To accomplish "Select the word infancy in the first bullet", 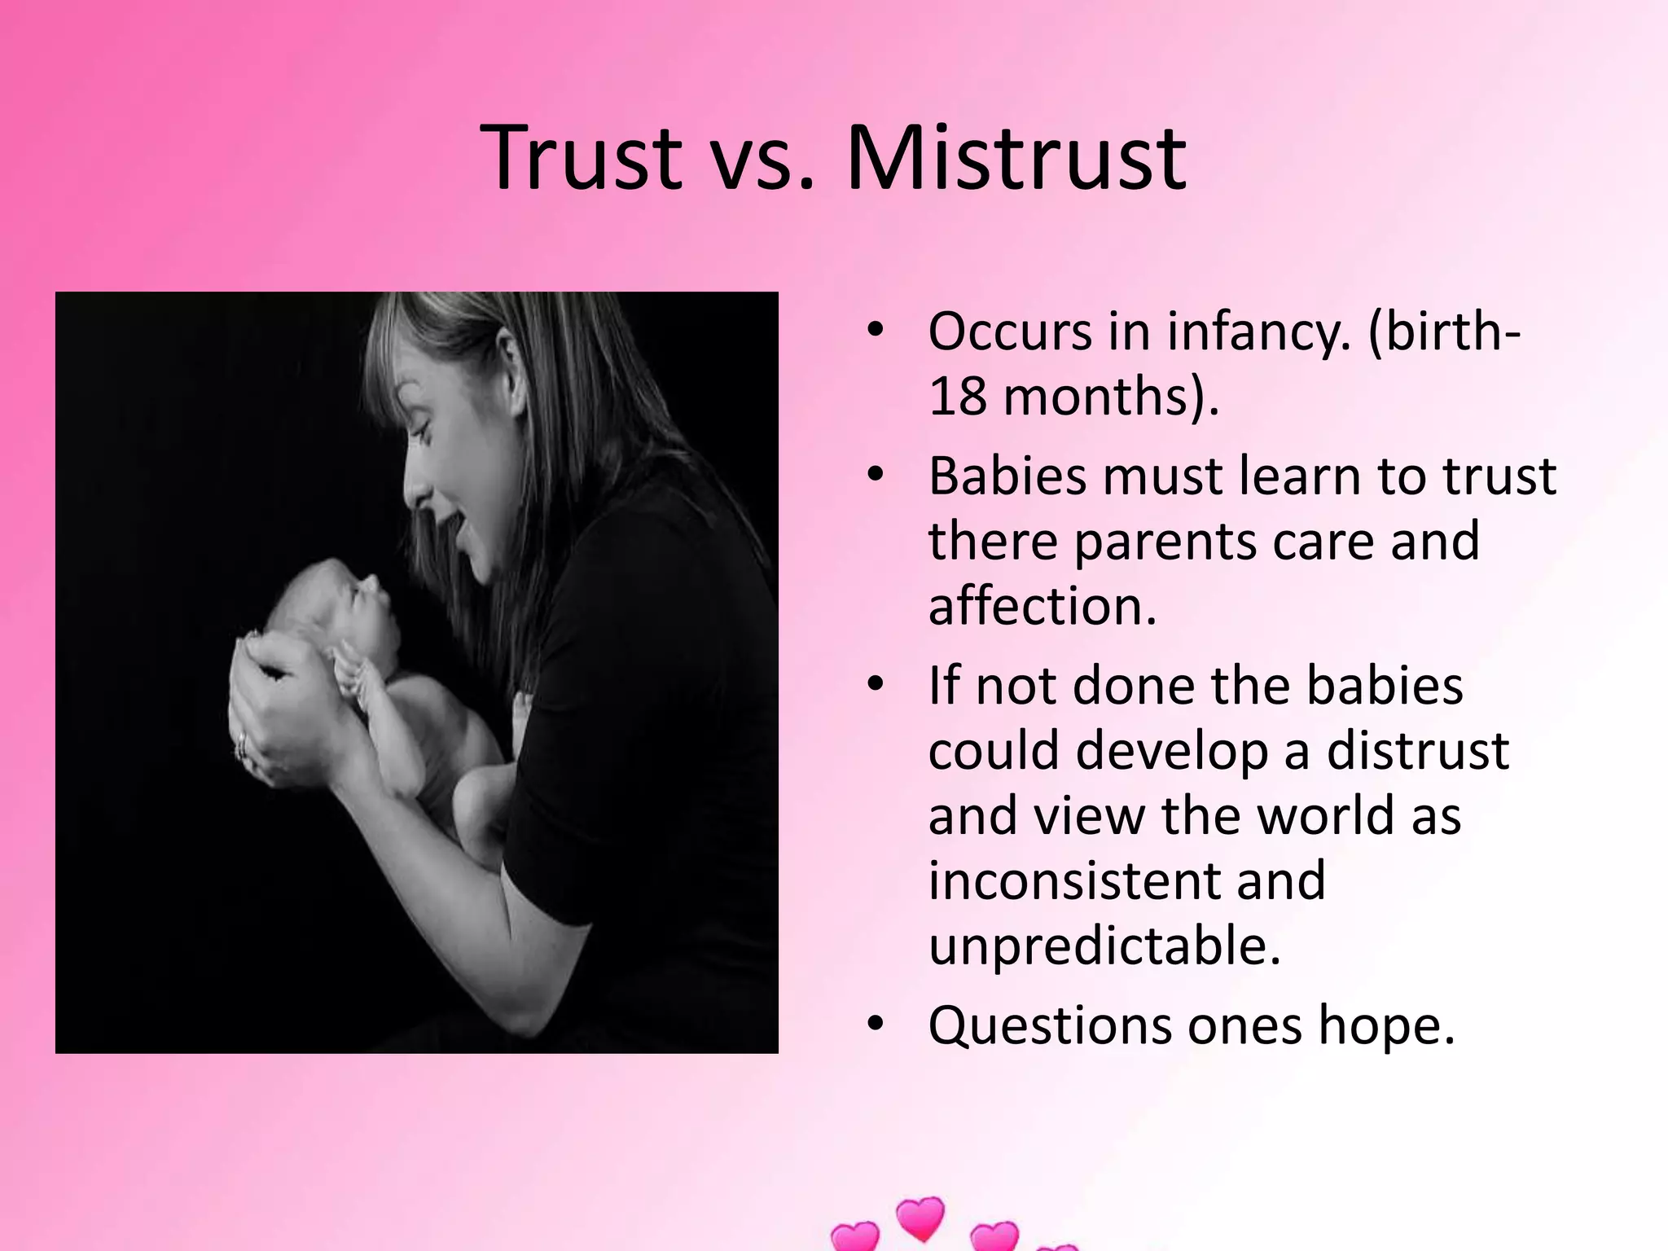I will tap(1258, 333).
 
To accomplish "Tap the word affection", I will tap(1042, 606).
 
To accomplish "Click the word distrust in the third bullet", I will tap(1418, 750).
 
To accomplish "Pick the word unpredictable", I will tap(1104, 946).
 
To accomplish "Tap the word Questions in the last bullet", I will tap(1049, 1027).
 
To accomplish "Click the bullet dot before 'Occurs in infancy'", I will tap(876, 331).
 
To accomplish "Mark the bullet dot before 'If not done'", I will tap(876, 684).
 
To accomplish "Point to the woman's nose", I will tap(415, 489).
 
